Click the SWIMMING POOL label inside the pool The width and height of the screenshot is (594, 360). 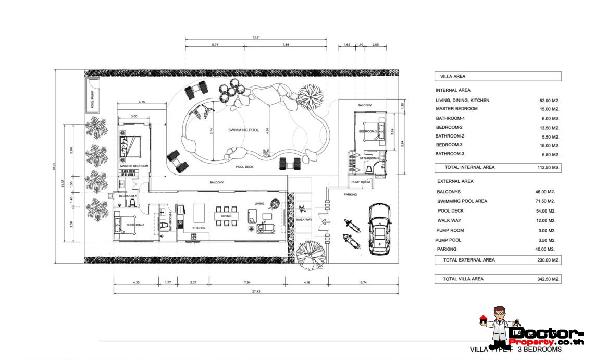[243, 130]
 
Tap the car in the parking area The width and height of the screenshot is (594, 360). [380, 229]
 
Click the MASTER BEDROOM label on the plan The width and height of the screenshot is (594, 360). [134, 166]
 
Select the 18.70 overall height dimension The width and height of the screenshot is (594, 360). [54, 167]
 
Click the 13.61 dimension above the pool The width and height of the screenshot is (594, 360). [255, 38]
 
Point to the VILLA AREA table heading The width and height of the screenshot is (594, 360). [453, 77]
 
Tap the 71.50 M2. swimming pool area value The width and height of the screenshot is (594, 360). [547, 201]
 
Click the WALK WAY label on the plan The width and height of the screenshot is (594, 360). [304, 220]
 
